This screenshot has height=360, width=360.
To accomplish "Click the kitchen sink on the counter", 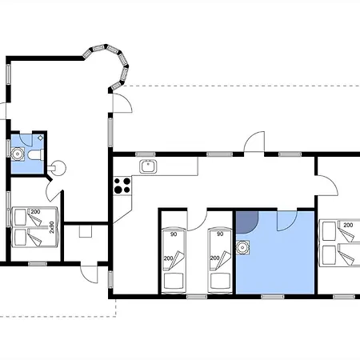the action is click(x=148, y=166).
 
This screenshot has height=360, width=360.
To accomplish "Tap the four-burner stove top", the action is click(x=122, y=186).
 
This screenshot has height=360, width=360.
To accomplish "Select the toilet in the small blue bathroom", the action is click(x=36, y=154).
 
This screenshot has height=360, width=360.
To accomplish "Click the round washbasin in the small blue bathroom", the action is click(x=18, y=154).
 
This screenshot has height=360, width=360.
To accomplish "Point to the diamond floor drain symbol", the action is click(x=41, y=138).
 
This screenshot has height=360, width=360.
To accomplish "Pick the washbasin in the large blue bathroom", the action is click(x=242, y=248).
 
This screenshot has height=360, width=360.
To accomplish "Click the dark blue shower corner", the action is click(x=247, y=222).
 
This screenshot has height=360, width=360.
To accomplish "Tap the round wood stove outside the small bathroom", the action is click(x=57, y=168).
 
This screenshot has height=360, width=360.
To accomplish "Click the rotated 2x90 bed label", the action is click(x=52, y=227).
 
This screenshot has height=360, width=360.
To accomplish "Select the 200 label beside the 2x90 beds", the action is click(x=35, y=212).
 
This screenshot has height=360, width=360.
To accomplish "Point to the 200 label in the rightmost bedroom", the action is click(x=348, y=225).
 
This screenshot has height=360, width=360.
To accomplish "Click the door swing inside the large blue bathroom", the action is click(x=287, y=221).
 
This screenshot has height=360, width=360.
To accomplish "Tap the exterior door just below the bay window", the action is click(x=122, y=103).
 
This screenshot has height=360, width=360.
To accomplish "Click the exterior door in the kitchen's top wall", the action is click(x=254, y=142).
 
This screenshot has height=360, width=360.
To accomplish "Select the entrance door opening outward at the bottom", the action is click(x=90, y=274).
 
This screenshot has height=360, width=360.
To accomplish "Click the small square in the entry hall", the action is click(x=86, y=231).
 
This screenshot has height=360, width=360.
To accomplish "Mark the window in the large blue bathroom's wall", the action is click(x=273, y=297).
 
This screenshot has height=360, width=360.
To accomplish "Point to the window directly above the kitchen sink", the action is click(x=146, y=154).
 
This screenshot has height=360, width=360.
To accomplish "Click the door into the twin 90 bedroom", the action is click(x=198, y=220).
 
